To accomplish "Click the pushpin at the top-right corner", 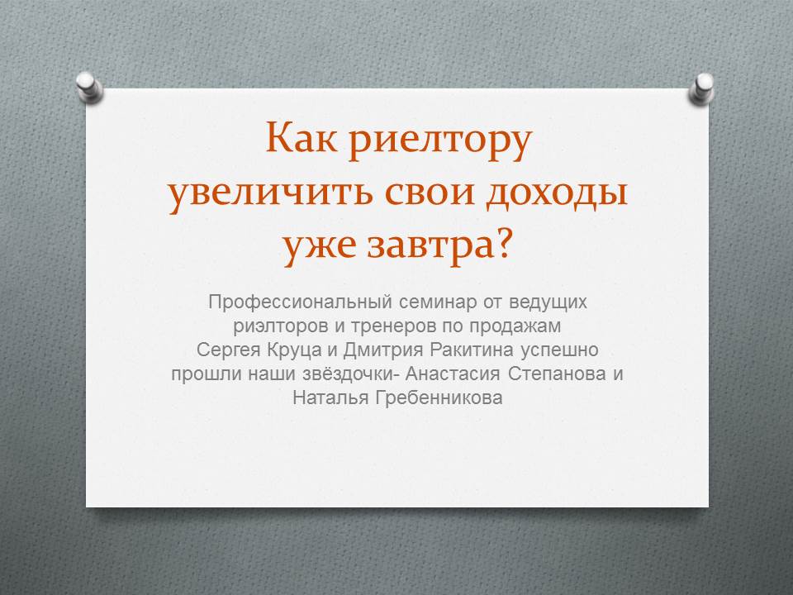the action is click(x=701, y=89).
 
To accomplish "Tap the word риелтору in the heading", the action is click(x=440, y=142).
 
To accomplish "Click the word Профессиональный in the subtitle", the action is click(x=301, y=302).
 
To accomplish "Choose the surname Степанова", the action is click(x=557, y=374).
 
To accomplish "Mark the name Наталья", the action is click(x=330, y=397).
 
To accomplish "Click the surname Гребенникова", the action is click(x=439, y=398).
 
